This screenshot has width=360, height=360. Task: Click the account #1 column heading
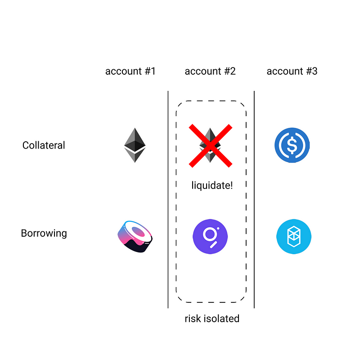tap(130, 71)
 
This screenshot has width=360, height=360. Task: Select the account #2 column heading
tap(210, 71)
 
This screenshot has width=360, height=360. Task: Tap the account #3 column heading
tap(292, 71)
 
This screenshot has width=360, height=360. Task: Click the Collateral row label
tap(44, 145)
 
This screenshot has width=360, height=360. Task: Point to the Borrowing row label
tap(44, 234)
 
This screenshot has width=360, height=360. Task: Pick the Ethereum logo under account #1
tap(135, 145)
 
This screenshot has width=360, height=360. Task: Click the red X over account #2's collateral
tap(210, 146)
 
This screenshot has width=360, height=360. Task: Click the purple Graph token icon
tap(210, 237)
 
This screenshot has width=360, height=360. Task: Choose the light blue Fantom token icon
tap(294, 237)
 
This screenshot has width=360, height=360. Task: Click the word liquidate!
tap(212, 184)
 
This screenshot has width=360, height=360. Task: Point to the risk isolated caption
tap(212, 319)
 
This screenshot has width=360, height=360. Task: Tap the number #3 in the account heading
tap(311, 71)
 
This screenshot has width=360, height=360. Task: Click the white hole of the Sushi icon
tap(144, 233)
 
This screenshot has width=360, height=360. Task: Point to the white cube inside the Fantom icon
tap(294, 237)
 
